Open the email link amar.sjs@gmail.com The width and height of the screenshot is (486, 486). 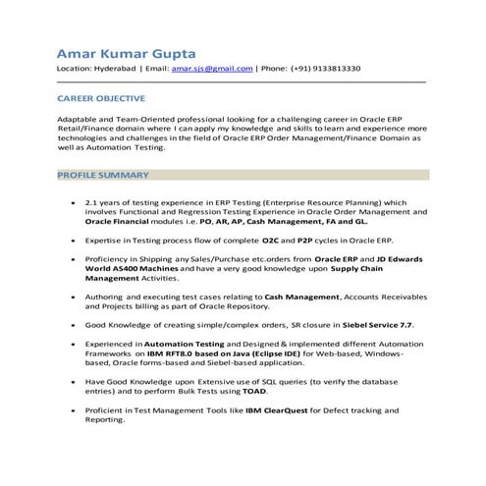pos(211,69)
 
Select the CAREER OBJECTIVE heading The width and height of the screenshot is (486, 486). pos(101,99)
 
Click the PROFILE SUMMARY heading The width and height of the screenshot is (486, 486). pos(103,175)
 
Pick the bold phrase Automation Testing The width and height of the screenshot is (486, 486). pos(186,345)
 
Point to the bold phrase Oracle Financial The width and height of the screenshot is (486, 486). pos(121,221)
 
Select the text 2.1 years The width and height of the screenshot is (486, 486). pos(105,202)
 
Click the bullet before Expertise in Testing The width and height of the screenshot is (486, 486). pos(74,239)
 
